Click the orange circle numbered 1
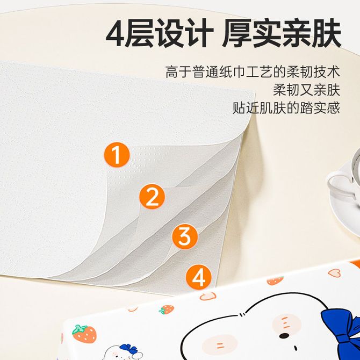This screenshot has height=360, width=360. pyautogui.click(x=117, y=155)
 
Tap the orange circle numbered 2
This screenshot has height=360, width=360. pyautogui.click(x=152, y=197)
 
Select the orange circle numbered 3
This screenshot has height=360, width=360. pyautogui.click(x=185, y=236)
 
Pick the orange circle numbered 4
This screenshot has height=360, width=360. pyautogui.click(x=198, y=277)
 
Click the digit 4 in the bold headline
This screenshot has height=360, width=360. pyautogui.click(x=116, y=33)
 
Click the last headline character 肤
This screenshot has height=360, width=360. pyautogui.click(x=326, y=34)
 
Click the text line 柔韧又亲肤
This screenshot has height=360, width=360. pyautogui.click(x=306, y=90)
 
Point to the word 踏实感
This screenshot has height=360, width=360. pyautogui.click(x=320, y=107)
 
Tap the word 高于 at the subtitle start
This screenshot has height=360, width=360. pyautogui.click(x=178, y=71)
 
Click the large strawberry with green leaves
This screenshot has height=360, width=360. pyautogui.click(x=84, y=334)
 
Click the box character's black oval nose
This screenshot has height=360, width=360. pyautogui.click(x=284, y=336)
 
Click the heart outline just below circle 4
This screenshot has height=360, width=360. pyautogui.click(x=208, y=296)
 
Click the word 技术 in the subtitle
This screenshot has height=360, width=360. pyautogui.click(x=327, y=71)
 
